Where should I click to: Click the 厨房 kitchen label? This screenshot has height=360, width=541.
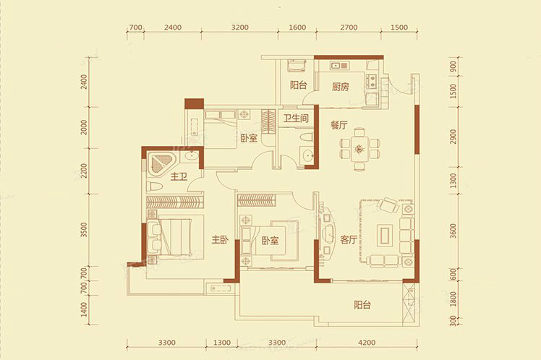pyautogui.click(x=341, y=87)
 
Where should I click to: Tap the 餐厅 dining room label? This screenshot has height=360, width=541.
pyautogui.click(x=338, y=125)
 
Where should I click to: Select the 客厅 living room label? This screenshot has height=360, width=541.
pyautogui.click(x=348, y=239)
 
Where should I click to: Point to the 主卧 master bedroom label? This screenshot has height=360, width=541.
pyautogui.click(x=220, y=239)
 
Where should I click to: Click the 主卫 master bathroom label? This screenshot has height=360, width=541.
pyautogui.click(x=179, y=177)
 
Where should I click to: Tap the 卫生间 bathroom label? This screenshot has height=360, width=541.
pyautogui.click(x=296, y=119)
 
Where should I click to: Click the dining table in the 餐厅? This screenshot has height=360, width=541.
pyautogui.click(x=359, y=149)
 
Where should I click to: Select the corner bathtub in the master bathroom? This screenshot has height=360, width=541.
pyautogui.click(x=161, y=164)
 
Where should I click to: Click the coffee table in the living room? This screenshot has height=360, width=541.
pyautogui.click(x=384, y=235)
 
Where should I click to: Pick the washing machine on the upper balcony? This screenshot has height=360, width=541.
pyautogui.click(x=297, y=65)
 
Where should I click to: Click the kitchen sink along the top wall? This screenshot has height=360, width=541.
pyautogui.click(x=338, y=66)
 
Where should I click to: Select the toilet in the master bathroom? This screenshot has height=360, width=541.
pyautogui.click(x=154, y=187)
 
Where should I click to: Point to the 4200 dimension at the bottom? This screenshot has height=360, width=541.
pyautogui.click(x=367, y=343)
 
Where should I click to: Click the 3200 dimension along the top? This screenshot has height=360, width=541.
pyautogui.click(x=240, y=27)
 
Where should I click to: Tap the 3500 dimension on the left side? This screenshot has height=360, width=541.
pyautogui.click(x=84, y=230)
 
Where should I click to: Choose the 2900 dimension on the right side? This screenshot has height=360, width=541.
pyautogui.click(x=453, y=137)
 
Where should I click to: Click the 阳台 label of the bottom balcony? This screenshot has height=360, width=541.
pyautogui.click(x=362, y=305)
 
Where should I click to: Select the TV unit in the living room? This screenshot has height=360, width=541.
pyautogui.click(x=326, y=234)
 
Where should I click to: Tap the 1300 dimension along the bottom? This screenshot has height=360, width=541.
pyautogui.click(x=221, y=343)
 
